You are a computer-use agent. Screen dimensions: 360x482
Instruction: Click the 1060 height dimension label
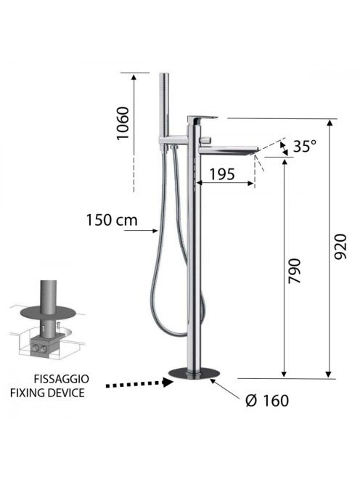123,123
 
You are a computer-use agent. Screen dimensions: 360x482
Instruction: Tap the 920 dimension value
340,247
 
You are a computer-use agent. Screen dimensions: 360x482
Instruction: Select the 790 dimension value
294,271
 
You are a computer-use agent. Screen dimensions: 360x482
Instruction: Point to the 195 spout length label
222,174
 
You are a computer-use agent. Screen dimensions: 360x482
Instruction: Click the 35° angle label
304,146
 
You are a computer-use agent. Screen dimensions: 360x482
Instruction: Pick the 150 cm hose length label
112,220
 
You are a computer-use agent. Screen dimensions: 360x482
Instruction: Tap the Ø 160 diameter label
267,401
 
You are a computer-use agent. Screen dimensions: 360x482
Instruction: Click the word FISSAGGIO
62,379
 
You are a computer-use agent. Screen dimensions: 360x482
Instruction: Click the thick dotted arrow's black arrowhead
168,382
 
